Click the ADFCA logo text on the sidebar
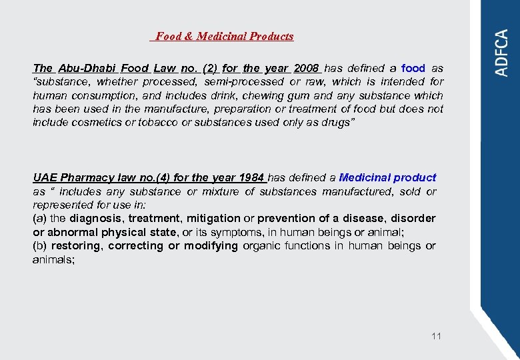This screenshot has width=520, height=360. (x=501, y=53)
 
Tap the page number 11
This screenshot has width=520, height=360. (x=436, y=336)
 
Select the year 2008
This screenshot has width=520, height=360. (x=307, y=68)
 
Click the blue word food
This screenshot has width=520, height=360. (x=413, y=68)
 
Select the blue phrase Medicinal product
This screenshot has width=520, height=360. (x=387, y=178)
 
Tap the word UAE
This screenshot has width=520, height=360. (x=45, y=178)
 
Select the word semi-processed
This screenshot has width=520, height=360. (x=243, y=82)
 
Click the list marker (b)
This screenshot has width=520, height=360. (x=39, y=246)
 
